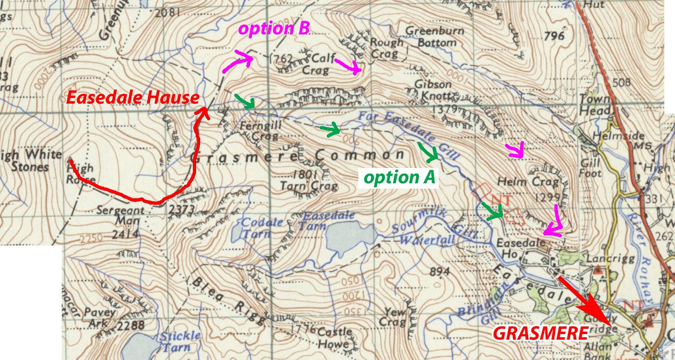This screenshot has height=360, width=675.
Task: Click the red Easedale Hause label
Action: tap(133, 98)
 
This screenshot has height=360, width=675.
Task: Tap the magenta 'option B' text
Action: tap(274, 29)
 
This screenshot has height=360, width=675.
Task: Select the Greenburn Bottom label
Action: tap(431, 37)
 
